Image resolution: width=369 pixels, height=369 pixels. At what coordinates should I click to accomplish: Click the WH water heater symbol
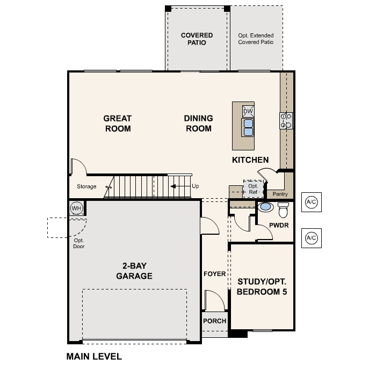pos(76,208)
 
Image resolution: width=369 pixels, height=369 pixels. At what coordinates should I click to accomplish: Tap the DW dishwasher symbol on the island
pos(248,111)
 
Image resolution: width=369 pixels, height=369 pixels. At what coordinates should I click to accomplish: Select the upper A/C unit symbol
pos(311,201)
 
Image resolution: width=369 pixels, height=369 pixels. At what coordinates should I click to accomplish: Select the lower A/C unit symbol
pos(311,237)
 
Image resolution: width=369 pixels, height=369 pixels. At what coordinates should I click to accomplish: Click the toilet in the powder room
pos(283,207)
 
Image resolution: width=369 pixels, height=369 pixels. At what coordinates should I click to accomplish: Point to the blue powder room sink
pos(265,206)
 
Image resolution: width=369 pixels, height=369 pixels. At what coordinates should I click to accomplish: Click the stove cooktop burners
pos(286,120)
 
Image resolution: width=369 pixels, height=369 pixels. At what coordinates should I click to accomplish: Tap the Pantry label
pos(280,194)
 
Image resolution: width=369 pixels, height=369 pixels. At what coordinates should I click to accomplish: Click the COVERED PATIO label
pos(197,39)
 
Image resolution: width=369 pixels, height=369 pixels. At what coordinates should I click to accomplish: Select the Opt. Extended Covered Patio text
pos(256,39)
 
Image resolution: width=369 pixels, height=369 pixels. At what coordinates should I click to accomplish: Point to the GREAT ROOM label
pos(117,123)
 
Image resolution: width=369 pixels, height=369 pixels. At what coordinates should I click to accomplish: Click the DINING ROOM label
pos(198,123)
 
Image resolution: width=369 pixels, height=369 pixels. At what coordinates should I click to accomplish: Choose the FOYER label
pos(214,274)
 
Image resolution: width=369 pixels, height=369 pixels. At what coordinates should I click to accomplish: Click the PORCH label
pos(214,321)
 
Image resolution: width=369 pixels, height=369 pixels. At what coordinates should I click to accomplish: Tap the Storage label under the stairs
pos(86,187)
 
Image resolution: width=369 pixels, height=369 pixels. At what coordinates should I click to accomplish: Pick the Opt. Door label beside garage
pos(79,243)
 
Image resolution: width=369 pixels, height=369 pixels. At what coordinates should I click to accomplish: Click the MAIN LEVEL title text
pos(94,356)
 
